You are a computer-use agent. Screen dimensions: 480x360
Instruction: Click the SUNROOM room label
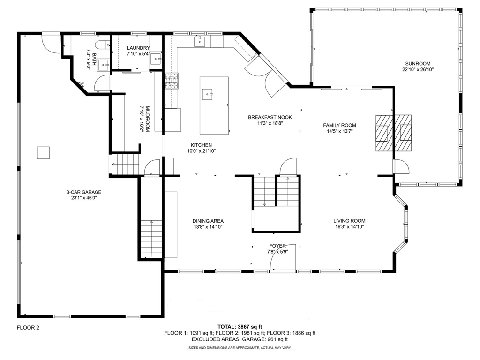(x=418, y=64)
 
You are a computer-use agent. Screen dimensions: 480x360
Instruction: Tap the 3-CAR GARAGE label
(x=84, y=192)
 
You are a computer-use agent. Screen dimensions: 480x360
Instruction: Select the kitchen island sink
(x=208, y=94)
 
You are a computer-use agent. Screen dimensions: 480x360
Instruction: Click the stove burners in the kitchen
(x=172, y=81)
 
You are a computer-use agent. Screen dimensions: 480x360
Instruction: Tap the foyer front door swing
(x=283, y=257)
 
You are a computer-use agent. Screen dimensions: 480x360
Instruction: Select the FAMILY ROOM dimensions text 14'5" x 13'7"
(x=339, y=131)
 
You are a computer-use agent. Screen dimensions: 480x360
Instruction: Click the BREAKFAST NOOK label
(x=270, y=117)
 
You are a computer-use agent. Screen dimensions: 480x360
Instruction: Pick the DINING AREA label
(x=208, y=221)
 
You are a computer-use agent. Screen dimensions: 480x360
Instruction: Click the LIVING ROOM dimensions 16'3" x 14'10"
(x=349, y=227)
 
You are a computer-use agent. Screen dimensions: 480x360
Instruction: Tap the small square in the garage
(x=44, y=153)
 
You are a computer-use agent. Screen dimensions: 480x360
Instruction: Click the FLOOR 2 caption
(x=28, y=328)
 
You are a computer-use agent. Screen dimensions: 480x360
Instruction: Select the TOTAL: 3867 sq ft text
(x=240, y=327)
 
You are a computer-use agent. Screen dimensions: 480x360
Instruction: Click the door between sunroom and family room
(x=401, y=166)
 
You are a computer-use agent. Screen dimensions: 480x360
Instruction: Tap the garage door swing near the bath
(x=51, y=45)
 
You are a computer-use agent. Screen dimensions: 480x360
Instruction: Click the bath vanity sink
(x=104, y=65)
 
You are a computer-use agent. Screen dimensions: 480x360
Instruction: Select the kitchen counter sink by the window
(x=200, y=41)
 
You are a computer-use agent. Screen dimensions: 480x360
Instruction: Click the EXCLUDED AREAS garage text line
(x=240, y=339)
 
